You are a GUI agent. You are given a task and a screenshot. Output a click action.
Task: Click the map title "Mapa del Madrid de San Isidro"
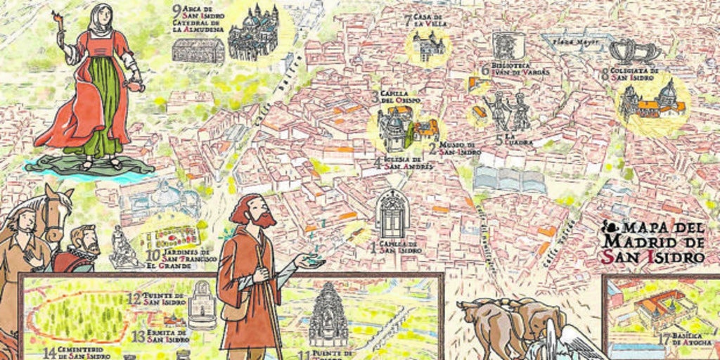[654, 243]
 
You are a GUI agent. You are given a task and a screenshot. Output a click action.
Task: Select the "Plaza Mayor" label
[576, 42]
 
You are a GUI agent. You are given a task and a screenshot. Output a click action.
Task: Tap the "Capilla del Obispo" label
[399, 97]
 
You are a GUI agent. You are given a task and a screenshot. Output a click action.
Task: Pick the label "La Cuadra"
[517, 139]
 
